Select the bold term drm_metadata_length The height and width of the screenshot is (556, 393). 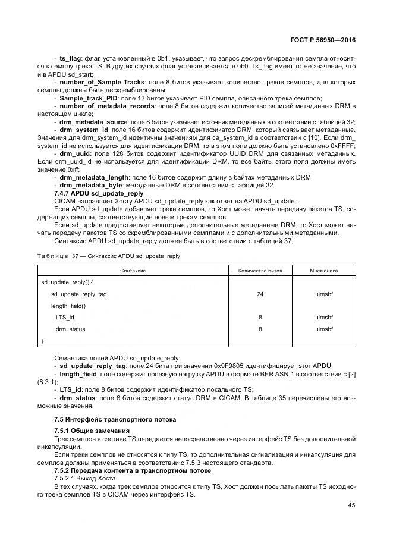click(x=95, y=178)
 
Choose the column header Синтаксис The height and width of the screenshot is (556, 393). click(x=133, y=270)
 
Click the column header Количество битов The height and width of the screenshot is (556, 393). click(x=260, y=270)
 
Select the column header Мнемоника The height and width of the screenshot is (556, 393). click(x=323, y=270)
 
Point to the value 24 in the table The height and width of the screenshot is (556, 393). click(x=260, y=294)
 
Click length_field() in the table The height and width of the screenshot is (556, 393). click(x=68, y=306)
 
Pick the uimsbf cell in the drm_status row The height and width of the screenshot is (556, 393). click(x=323, y=329)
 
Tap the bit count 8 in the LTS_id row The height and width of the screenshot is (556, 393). click(x=260, y=318)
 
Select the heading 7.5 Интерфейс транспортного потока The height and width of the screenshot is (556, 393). click(x=115, y=419)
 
